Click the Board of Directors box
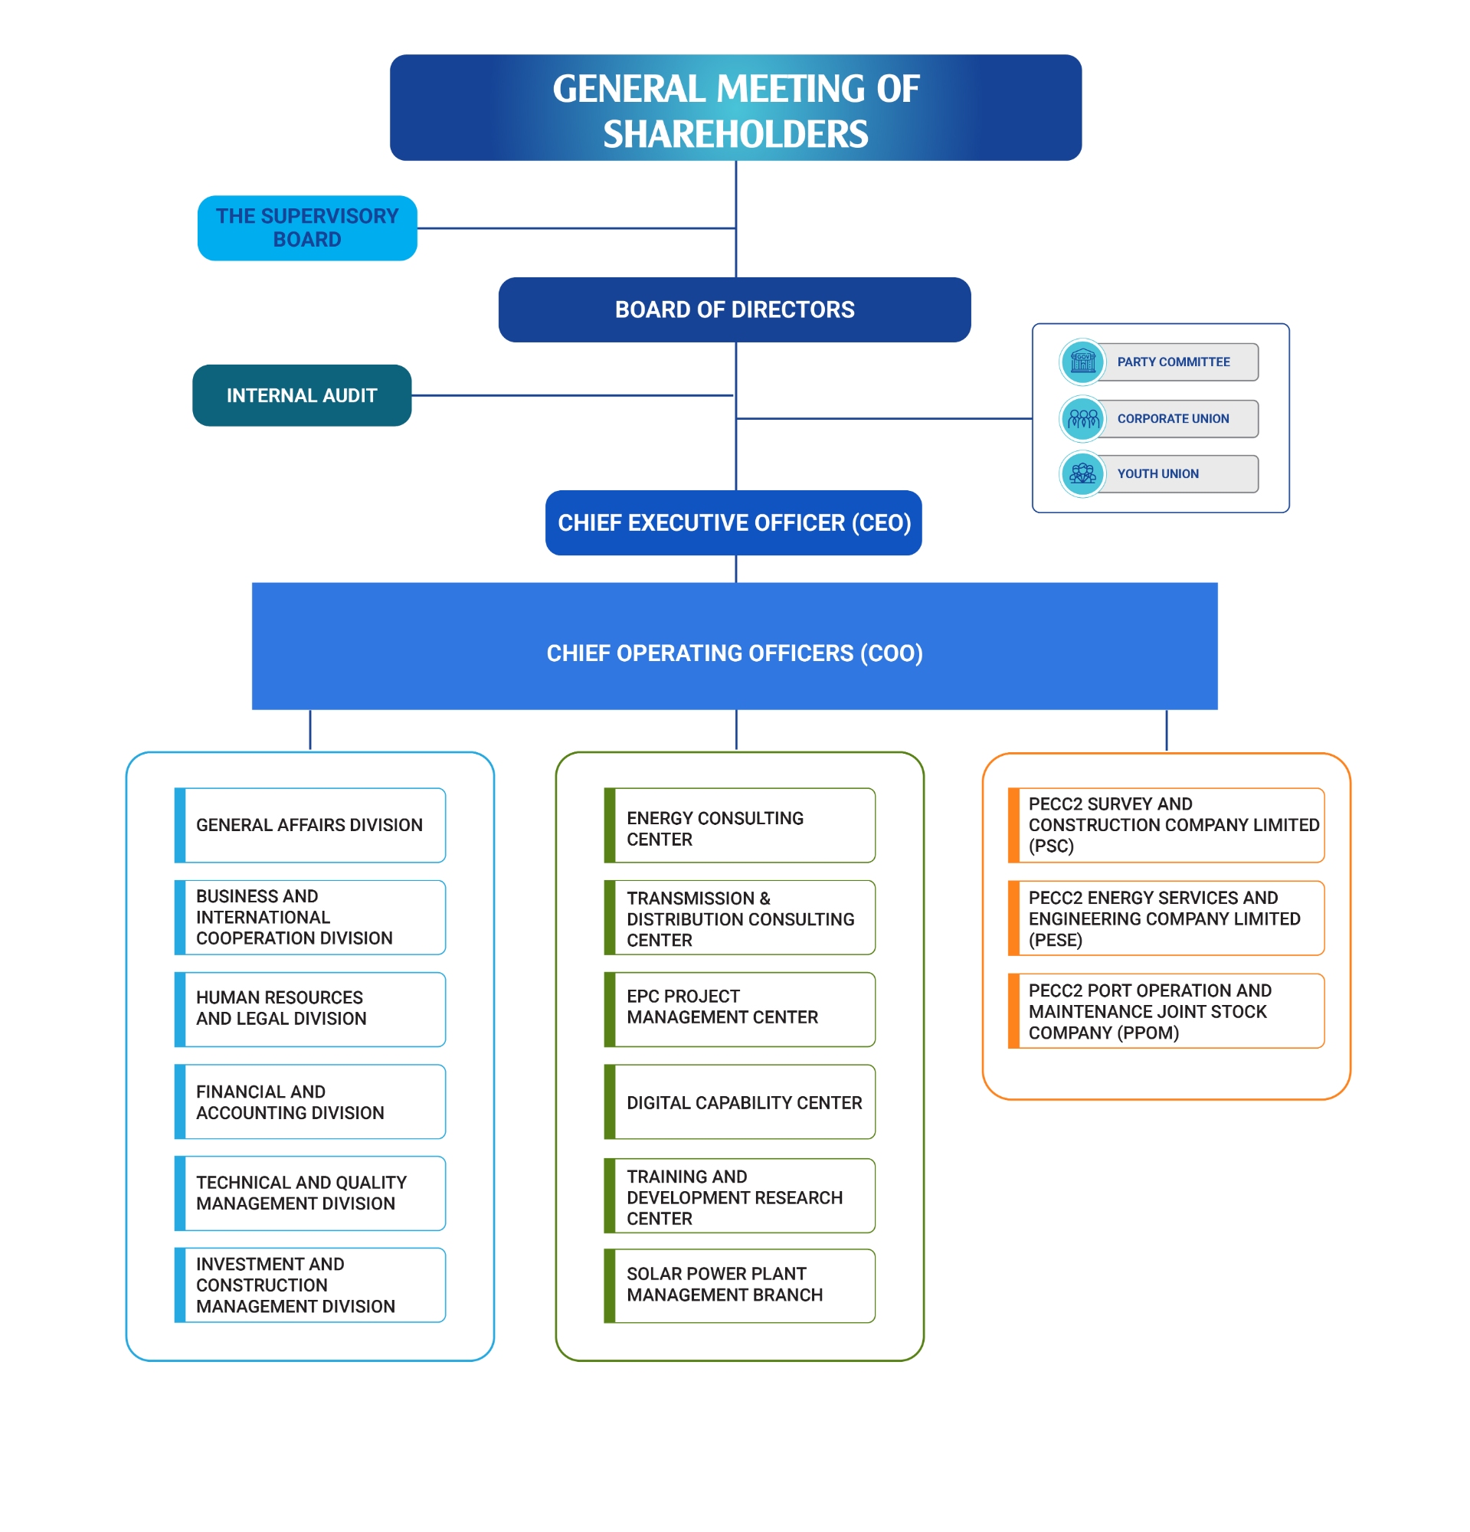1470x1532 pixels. [734, 309]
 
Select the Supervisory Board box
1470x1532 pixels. [307, 228]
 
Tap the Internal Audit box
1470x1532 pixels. [302, 395]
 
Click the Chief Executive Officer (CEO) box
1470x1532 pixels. [734, 522]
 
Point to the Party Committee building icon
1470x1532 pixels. [1082, 362]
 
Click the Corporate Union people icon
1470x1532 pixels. [1082, 419]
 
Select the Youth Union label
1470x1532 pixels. [1157, 473]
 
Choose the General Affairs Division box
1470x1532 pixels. [310, 825]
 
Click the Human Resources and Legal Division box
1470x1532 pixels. [310, 1008]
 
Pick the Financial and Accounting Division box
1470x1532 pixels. [310, 1102]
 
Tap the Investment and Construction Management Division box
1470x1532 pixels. [310, 1285]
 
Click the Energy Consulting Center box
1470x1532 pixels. [739, 825]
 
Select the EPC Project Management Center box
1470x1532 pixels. [739, 1008]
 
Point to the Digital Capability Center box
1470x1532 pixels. [739, 1102]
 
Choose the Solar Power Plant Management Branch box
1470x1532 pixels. [739, 1285]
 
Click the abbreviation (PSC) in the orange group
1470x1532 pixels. [1051, 846]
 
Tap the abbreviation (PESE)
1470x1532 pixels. [1055, 940]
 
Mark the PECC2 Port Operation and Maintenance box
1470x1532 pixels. [1166, 1010]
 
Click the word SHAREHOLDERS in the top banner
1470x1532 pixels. [735, 133]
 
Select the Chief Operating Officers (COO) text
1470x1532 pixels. [735, 653]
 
